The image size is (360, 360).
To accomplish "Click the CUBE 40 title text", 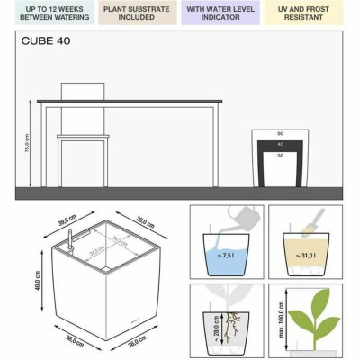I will click(46, 41).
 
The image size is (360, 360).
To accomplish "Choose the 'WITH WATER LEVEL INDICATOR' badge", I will click(219, 13).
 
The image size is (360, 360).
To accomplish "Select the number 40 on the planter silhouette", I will click(279, 144).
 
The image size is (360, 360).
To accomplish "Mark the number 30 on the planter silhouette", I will click(279, 155).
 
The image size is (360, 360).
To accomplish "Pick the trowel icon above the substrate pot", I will click(314, 219).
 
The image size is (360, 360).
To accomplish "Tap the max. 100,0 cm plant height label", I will click(282, 320).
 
